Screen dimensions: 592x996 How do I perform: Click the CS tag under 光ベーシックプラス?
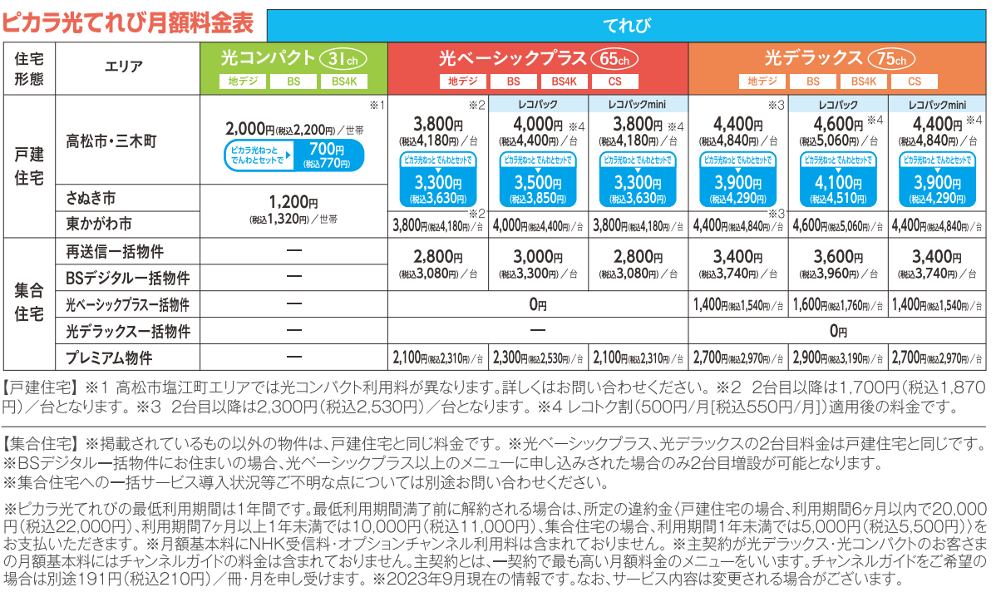click(615, 81)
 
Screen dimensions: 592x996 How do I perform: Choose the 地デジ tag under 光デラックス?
click(762, 81)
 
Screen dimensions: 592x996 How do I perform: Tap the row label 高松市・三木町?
click(111, 141)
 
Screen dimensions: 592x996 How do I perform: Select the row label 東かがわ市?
click(99, 224)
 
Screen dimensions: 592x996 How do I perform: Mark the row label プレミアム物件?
click(109, 358)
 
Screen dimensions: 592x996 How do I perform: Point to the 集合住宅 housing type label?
click(29, 304)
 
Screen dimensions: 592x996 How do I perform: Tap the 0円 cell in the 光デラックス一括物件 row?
click(837, 332)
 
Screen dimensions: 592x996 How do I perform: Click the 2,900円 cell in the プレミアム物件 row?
click(837, 358)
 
